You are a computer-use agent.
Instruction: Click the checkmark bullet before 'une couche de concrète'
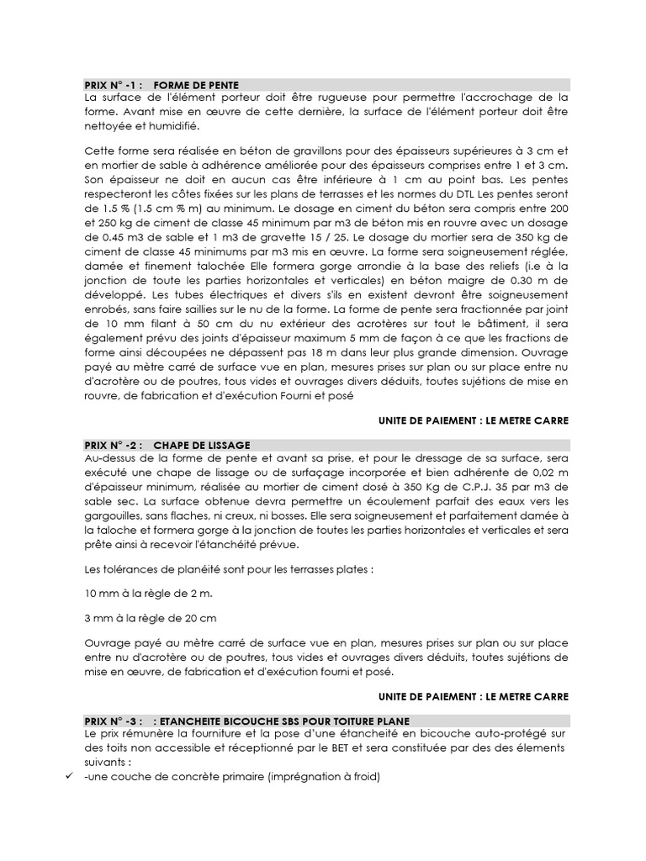[x=70, y=777]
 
